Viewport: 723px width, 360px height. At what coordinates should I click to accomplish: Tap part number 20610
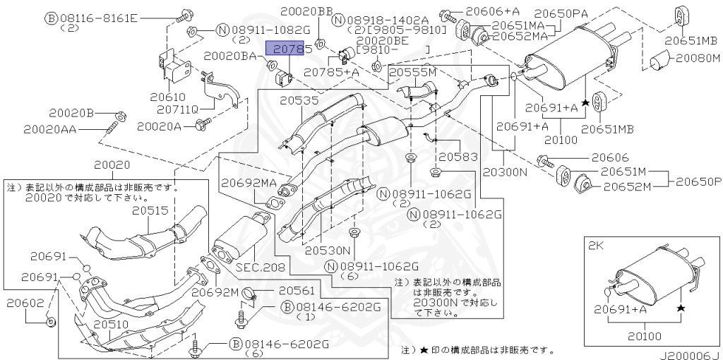pos(167,98)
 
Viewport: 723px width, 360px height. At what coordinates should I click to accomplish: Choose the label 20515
pos(149,211)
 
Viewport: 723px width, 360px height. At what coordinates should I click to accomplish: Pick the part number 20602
pos(26,302)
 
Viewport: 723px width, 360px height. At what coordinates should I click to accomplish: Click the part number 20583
pos(458,157)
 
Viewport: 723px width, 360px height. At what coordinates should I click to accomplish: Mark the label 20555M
pos(412,72)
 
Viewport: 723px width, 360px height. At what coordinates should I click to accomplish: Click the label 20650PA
pos(561,12)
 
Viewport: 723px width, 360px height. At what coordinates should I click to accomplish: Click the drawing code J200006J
pos(691,355)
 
